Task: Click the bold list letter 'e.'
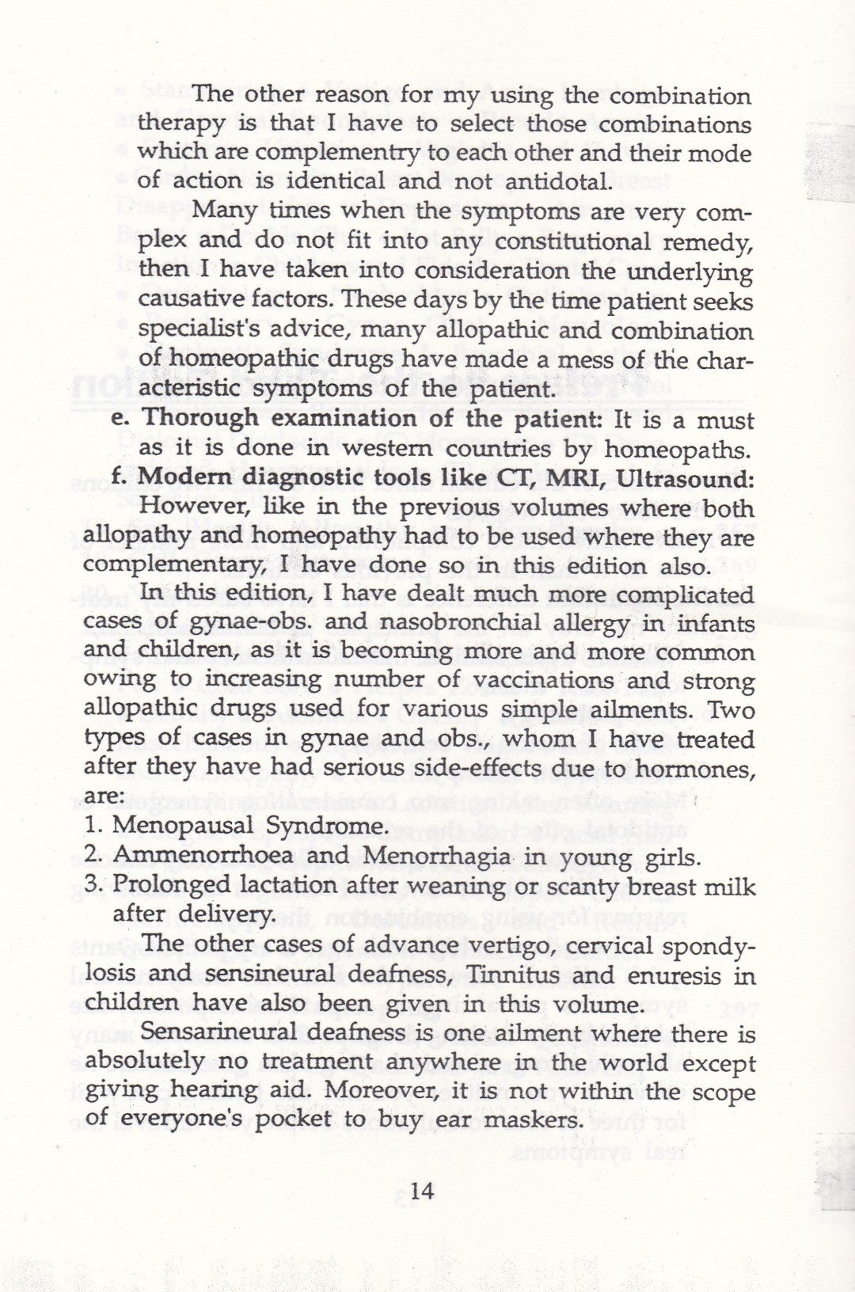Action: [123, 419]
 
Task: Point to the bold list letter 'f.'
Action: [121, 478]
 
